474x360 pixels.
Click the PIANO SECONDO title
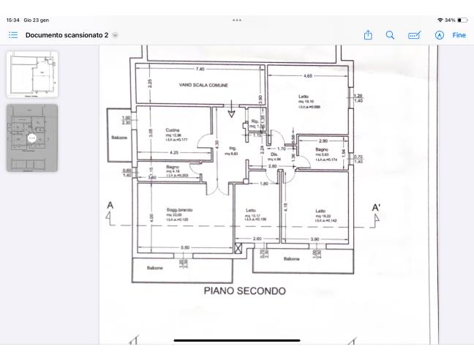click(x=244, y=291)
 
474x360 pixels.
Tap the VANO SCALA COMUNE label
click(x=203, y=86)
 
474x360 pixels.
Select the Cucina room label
click(x=173, y=131)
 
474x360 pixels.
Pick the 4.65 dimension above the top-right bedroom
click(x=308, y=75)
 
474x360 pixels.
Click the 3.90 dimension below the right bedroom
click(x=315, y=239)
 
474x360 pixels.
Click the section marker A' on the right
click(x=377, y=208)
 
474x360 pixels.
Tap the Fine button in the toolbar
click(x=459, y=35)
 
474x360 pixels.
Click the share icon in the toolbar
click(x=368, y=35)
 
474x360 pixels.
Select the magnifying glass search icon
click(x=390, y=35)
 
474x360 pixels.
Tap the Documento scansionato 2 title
click(x=67, y=35)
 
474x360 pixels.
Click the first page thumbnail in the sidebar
click(x=32, y=74)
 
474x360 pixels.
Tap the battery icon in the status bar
click(x=462, y=20)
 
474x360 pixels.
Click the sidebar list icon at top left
click(x=13, y=35)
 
